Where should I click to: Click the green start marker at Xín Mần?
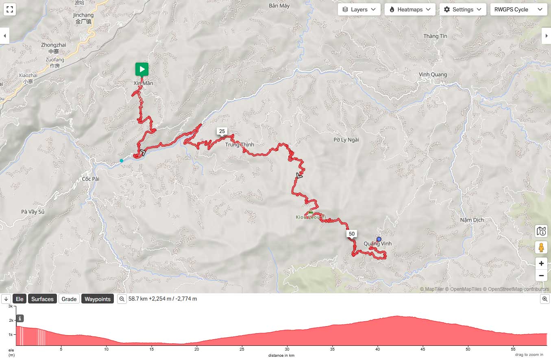click(x=142, y=69)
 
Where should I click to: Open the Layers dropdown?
click(x=359, y=9)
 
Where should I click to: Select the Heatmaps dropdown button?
click(x=410, y=9)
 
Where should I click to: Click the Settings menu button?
click(x=463, y=9)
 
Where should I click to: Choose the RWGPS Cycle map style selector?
click(x=518, y=9)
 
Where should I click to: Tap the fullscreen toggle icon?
click(x=10, y=9)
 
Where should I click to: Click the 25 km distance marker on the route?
click(x=222, y=131)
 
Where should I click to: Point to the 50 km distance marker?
click(x=352, y=233)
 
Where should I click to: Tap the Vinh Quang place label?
click(x=433, y=74)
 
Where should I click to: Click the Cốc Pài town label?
click(x=91, y=179)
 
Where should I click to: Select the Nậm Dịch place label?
click(x=472, y=220)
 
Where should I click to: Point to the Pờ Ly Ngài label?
click(x=346, y=140)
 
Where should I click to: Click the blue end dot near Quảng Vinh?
click(x=379, y=239)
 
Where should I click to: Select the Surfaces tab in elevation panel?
click(x=42, y=299)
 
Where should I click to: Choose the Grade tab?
click(x=69, y=299)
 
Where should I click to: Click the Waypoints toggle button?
click(x=98, y=299)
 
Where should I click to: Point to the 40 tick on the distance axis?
click(x=378, y=349)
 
